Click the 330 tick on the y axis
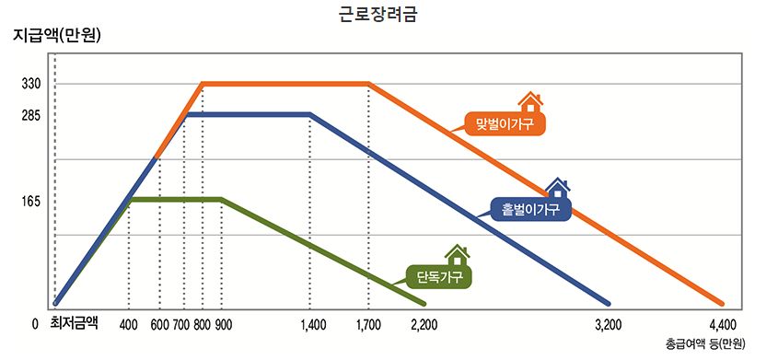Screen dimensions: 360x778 tap(32, 84)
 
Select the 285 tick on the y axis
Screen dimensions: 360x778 tap(32, 116)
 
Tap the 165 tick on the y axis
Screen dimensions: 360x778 tap(32, 200)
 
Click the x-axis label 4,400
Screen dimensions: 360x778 tap(723, 324)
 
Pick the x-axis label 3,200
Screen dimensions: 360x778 tap(609, 324)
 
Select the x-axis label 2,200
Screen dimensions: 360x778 tap(424, 324)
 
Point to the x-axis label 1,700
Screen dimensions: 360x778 tap(368, 324)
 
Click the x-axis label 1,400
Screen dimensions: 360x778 tap(313, 324)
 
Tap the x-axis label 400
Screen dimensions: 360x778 tap(129, 324)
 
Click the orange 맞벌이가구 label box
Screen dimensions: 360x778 tap(505, 123)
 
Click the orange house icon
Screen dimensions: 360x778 tap(530, 100)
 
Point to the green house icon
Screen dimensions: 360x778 tap(458, 254)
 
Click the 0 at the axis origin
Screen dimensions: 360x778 tap(34, 324)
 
